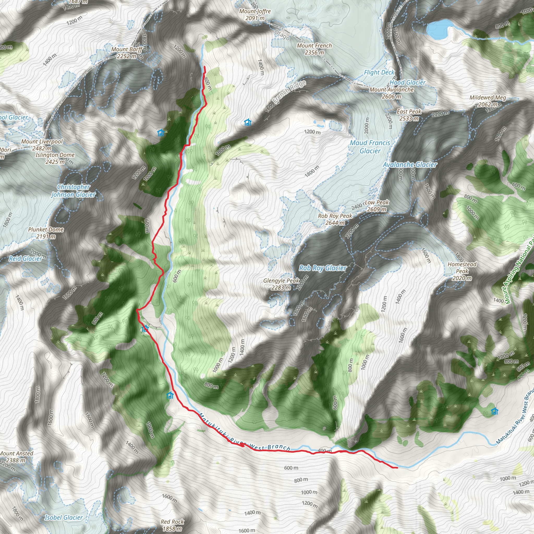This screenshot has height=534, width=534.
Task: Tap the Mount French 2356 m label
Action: [314, 49]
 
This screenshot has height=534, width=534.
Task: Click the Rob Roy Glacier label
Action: [323, 268]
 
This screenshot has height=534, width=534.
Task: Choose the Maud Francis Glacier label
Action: [370, 147]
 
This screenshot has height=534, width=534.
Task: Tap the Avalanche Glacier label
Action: [410, 165]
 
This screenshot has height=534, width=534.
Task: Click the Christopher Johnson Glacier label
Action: [74, 191]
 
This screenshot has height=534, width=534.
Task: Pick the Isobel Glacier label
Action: [64, 517]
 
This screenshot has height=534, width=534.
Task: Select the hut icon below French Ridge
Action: [248, 122]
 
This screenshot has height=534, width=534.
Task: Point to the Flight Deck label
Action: [379, 72]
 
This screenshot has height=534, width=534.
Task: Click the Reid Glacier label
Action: [26, 258]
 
